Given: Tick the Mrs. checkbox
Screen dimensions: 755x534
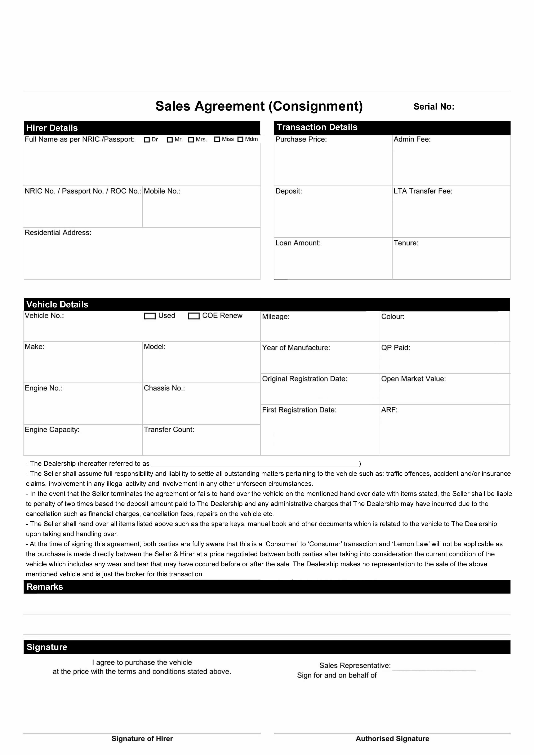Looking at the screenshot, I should pos(191,140).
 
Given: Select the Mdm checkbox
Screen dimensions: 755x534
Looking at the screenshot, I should pos(240,139).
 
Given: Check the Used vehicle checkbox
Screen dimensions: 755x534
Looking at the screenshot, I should pos(150,316).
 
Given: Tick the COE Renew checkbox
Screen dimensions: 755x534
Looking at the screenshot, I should pos(194,316).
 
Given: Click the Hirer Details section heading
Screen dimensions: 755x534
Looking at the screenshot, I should pos(52,128).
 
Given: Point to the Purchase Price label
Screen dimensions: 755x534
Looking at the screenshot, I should pos(301,139).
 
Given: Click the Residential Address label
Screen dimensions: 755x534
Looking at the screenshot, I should pos(58,233).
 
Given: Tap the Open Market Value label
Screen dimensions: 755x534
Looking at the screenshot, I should pos(413,379).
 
